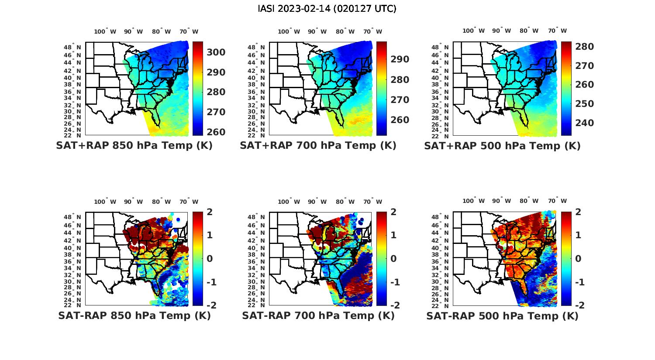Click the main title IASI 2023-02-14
pos(327,9)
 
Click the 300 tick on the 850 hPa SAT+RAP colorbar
pos(216,52)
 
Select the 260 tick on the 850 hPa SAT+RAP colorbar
pos(216,132)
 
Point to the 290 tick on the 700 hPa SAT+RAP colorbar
pos(400,59)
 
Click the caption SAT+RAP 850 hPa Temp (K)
pos(134,146)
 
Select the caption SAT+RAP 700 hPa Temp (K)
pos(318,146)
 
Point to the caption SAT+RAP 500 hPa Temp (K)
pos(502,146)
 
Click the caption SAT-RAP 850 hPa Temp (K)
pos(134,316)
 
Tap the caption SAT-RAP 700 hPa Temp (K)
pos(318,316)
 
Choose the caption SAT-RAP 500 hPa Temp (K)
pos(502,316)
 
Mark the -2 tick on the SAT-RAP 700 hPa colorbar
pos(391,305)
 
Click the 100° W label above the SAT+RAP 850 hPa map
pos(105,31)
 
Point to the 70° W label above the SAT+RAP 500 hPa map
pos(558,31)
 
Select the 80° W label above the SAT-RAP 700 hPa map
pos(345,202)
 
